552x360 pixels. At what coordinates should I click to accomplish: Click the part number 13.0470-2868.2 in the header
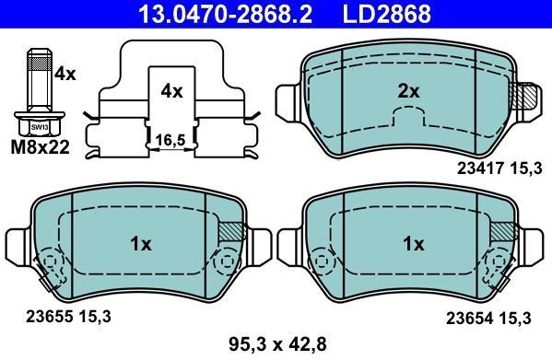point(225,14)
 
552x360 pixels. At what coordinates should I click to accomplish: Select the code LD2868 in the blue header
point(386,14)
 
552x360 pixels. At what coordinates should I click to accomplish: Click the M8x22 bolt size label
point(41,147)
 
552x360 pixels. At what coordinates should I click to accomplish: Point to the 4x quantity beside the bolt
point(65,75)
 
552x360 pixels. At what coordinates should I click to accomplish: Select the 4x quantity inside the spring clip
point(171,92)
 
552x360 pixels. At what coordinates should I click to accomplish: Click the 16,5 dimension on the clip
point(170,140)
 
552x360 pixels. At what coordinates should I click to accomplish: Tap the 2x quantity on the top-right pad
point(409,92)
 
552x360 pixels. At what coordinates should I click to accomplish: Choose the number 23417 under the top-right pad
point(480,169)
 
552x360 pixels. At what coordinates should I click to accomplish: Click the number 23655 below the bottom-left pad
point(49,317)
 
